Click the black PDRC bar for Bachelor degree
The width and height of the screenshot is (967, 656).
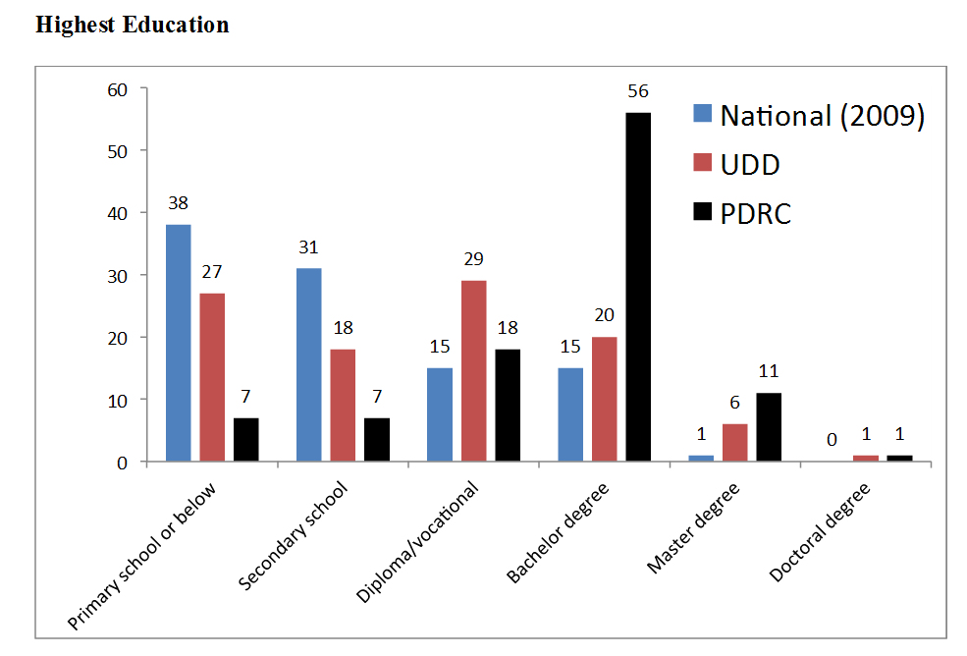click(638, 287)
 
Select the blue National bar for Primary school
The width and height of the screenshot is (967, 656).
click(178, 343)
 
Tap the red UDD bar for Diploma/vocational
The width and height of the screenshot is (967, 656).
click(473, 371)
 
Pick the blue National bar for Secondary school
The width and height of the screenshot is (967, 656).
click(308, 364)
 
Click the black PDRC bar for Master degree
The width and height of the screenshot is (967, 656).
click(769, 427)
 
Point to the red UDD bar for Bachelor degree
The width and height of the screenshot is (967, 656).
click(605, 399)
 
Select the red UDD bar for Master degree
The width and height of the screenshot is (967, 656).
click(735, 443)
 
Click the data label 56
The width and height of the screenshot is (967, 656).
click(638, 91)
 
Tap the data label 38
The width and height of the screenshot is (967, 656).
click(178, 203)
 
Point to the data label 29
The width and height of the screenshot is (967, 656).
click(473, 259)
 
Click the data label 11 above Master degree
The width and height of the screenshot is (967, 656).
click(769, 372)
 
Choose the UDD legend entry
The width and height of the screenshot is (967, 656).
click(750, 164)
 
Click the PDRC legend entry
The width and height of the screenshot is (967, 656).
click(755, 213)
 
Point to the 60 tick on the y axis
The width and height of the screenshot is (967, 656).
click(118, 89)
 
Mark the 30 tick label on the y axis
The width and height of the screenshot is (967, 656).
click(118, 276)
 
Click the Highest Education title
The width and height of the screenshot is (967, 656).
click(133, 25)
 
